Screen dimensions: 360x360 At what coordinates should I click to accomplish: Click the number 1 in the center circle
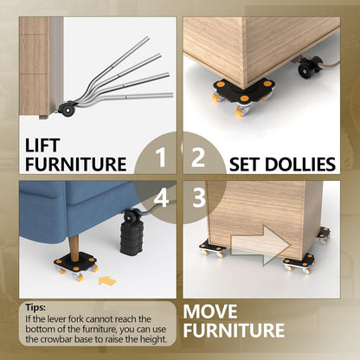point(161,157)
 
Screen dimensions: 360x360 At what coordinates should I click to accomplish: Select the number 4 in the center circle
point(161,197)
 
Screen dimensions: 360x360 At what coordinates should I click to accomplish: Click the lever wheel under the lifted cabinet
point(66,109)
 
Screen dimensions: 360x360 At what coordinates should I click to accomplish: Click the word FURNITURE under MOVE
point(234,331)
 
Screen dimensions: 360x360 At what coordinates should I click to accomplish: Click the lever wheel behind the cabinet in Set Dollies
point(305,67)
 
